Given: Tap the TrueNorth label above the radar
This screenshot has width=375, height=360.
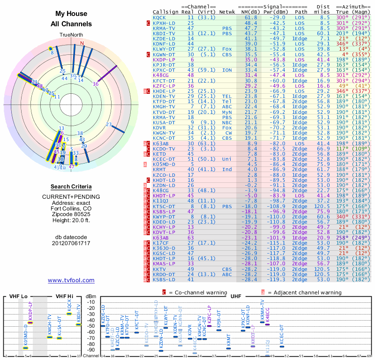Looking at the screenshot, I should click(71, 35).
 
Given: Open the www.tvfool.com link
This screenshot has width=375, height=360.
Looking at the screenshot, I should click(71, 280).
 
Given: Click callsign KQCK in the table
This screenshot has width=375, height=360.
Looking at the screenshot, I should click(159, 17).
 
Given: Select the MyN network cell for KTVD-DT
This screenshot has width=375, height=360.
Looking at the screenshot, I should click(227, 112).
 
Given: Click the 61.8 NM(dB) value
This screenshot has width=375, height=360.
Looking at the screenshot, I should click(251, 17).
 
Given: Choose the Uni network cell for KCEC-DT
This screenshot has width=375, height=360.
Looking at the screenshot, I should click(227, 159).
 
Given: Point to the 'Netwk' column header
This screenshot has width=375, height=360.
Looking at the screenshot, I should click(227, 12).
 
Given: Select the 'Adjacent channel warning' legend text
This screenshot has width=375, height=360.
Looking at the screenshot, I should click(305, 292).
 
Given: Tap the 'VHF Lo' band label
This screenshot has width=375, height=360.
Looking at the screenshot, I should click(17, 297).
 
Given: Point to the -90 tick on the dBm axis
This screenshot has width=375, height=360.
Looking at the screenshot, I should click(91, 350).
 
